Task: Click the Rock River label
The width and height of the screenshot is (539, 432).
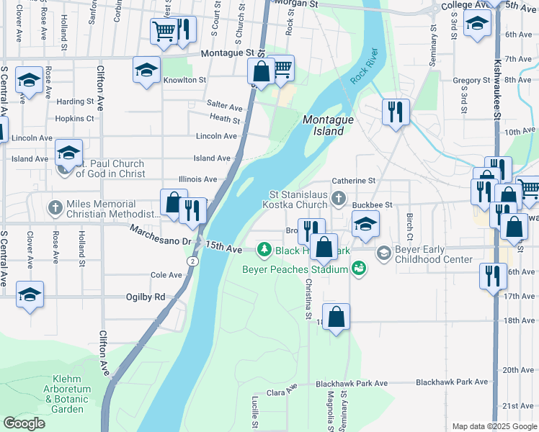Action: (x=365, y=67)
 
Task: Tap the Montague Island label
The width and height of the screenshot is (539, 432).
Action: (x=329, y=125)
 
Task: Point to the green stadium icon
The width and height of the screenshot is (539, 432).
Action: (x=359, y=268)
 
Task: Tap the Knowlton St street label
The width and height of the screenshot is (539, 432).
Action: (x=184, y=80)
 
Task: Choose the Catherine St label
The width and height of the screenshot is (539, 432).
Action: (x=353, y=181)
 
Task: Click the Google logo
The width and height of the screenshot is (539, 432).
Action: (x=24, y=423)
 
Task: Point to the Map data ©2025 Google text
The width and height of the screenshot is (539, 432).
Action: (x=494, y=426)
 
